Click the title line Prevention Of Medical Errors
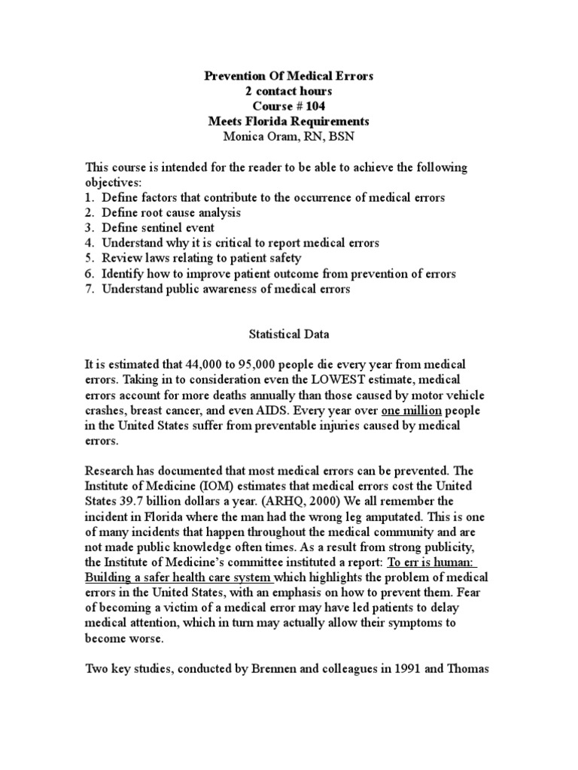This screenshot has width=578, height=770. (289, 76)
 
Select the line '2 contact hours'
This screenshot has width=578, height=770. (289, 91)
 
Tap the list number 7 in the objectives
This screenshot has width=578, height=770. (89, 290)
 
